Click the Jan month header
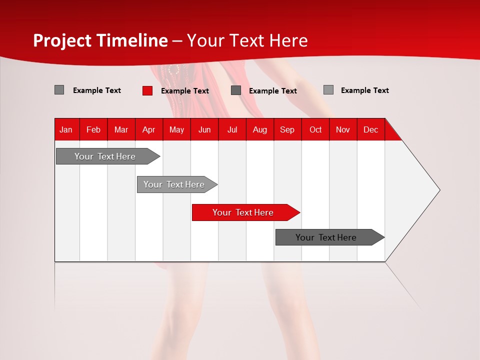(66, 129)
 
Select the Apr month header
(148, 129)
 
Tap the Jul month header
(232, 129)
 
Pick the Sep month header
(287, 129)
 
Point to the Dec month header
(370, 129)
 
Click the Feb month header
(93, 129)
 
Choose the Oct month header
(315, 129)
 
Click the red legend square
(147, 90)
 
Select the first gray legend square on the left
(59, 90)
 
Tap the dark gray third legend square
(236, 90)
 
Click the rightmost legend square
(328, 90)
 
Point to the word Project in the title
(62, 40)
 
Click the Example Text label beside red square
(184, 91)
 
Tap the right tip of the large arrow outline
(439, 190)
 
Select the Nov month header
(342, 129)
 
